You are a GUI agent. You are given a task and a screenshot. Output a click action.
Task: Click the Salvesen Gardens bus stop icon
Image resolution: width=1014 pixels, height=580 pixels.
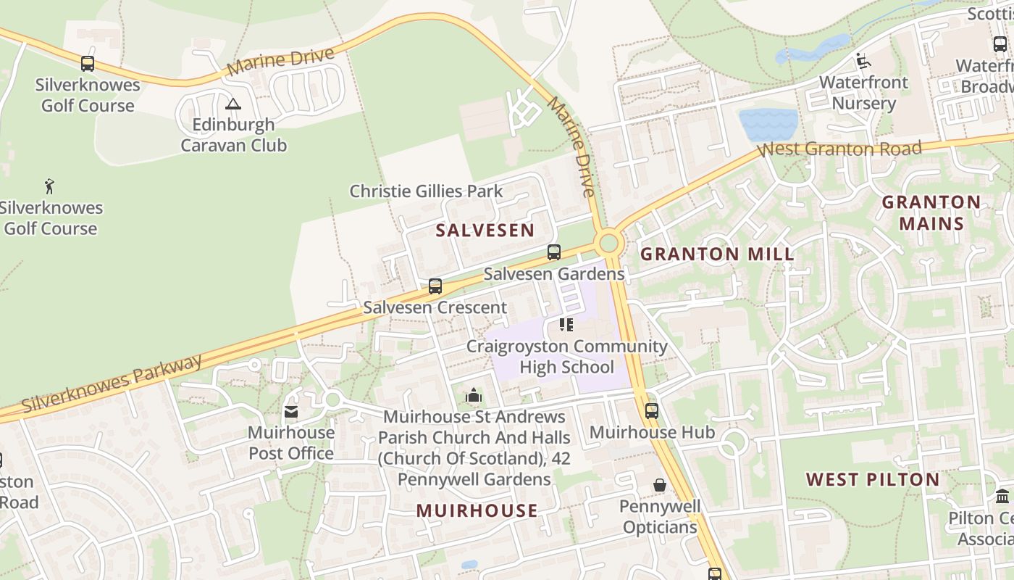[554, 252]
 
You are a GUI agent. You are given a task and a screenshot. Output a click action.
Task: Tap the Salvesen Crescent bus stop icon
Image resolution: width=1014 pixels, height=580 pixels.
[435, 286]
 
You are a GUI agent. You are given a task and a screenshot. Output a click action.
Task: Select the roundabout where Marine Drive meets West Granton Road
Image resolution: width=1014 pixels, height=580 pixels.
[609, 242]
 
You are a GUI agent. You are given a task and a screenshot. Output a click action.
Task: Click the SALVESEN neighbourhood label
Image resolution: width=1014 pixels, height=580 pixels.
[485, 231]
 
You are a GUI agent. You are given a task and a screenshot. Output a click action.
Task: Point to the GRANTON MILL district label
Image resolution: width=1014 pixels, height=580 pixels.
[717, 254]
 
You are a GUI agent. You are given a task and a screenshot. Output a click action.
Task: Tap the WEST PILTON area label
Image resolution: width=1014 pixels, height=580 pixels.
[873, 480]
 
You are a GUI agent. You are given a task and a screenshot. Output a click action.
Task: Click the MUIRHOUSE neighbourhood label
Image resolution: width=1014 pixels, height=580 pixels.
[477, 511]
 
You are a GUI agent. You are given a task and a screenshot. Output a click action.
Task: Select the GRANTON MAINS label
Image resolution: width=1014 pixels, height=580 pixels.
[931, 212]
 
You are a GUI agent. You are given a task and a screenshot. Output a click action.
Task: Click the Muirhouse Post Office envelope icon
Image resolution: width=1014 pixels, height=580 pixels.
[291, 412]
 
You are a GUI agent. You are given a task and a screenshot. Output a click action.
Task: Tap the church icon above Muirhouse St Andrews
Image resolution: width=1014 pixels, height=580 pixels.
[474, 395]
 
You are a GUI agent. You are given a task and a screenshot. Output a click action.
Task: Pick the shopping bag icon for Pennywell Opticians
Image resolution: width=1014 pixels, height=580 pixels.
[660, 484]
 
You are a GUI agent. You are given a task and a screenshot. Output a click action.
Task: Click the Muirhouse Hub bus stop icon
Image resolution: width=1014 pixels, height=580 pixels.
[652, 410]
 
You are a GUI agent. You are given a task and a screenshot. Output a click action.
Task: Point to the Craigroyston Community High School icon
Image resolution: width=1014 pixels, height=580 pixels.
[566, 324]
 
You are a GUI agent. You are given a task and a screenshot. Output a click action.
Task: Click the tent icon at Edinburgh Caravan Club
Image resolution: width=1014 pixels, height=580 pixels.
[232, 104]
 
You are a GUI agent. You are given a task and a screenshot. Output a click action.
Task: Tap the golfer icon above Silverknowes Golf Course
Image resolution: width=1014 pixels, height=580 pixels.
[49, 186]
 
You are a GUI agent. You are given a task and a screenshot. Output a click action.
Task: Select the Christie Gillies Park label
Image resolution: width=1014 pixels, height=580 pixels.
[426, 191]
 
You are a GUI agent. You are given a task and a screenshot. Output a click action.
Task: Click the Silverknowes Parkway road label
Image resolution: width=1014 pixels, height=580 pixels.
[112, 384]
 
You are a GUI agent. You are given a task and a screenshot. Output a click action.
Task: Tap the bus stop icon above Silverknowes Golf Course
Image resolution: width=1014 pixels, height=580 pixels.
[88, 64]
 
